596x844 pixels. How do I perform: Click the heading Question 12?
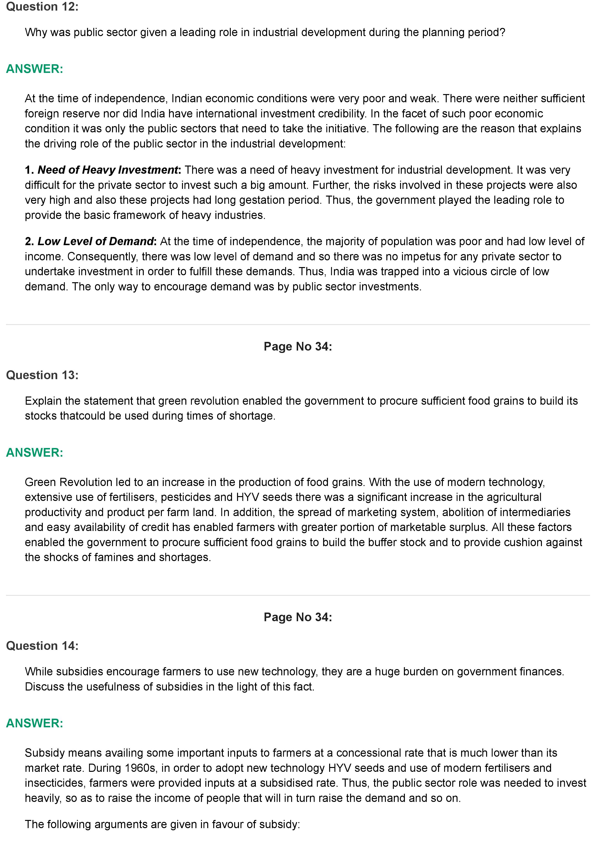pyautogui.click(x=42, y=7)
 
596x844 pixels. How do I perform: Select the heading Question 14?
pyautogui.click(x=42, y=646)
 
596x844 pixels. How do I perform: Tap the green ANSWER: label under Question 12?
pyautogui.click(x=35, y=69)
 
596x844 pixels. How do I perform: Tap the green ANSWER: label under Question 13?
pyautogui.click(x=35, y=453)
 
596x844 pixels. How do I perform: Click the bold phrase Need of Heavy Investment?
pyautogui.click(x=108, y=170)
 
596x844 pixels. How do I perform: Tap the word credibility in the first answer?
pyautogui.click(x=341, y=114)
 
